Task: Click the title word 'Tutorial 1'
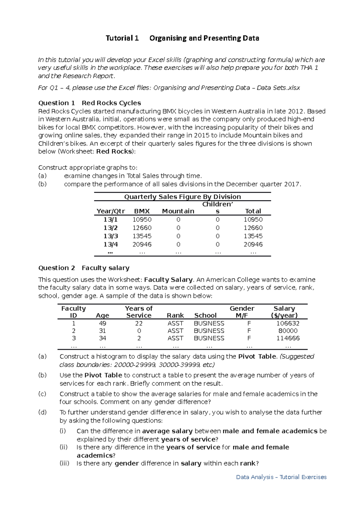coord(122,38)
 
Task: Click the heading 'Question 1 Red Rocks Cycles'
coord(89,103)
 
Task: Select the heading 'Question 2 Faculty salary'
coord(84,268)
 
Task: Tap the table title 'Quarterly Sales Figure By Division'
coord(182,197)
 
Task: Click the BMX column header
coord(142,211)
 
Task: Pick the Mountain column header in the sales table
coord(178,211)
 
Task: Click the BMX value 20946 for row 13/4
coord(142,244)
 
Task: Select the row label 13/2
coord(111,228)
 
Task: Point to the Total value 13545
coord(253,236)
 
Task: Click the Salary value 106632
coord(288,323)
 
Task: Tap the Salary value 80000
coord(288,331)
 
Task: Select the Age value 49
coord(103,323)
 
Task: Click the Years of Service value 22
coord(139,323)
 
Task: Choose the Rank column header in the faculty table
coord(175,315)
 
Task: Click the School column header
coord(205,315)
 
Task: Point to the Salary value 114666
coord(288,338)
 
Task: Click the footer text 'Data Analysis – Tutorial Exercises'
coord(281,477)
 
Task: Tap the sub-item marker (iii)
coord(64,463)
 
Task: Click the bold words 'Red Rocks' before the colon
coord(114,151)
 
